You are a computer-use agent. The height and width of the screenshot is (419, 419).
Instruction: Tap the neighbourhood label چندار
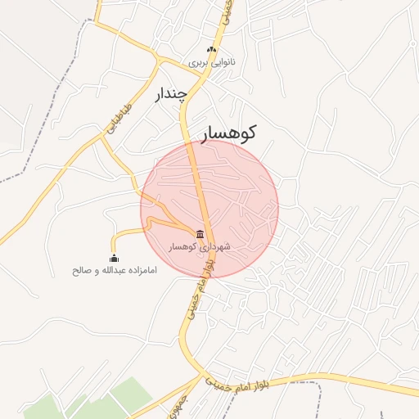tap(172, 94)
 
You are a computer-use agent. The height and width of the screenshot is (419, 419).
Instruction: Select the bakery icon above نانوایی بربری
tap(211, 51)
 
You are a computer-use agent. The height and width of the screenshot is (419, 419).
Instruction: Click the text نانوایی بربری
tap(211, 62)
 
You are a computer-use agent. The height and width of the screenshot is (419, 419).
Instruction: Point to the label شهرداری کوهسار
tap(200, 246)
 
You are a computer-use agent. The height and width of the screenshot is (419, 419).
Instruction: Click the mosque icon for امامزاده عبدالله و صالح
tap(114, 259)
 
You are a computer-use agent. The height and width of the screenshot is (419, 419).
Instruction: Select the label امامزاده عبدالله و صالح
tap(114, 270)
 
